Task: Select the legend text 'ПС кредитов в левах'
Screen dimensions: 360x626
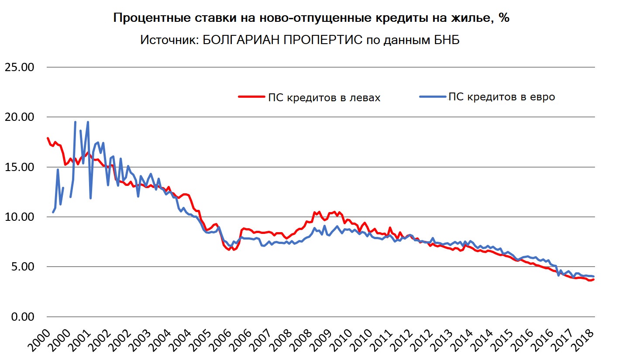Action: (324, 98)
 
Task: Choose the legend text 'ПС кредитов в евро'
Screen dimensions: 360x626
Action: (502, 97)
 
